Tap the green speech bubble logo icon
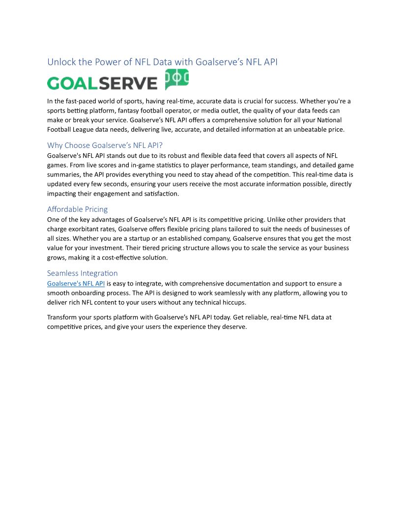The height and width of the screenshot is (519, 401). [176, 79]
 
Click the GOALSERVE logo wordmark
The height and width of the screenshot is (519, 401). [102, 83]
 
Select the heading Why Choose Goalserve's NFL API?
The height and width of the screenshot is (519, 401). [105, 145]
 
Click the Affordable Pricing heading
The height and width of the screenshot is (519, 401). [77, 209]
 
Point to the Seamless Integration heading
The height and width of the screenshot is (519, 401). [82, 273]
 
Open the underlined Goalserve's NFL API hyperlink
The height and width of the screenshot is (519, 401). [76, 284]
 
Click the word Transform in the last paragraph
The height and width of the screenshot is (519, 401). [63, 317]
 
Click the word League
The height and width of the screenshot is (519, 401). [85, 129]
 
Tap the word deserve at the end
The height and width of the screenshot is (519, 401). [233, 327]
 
